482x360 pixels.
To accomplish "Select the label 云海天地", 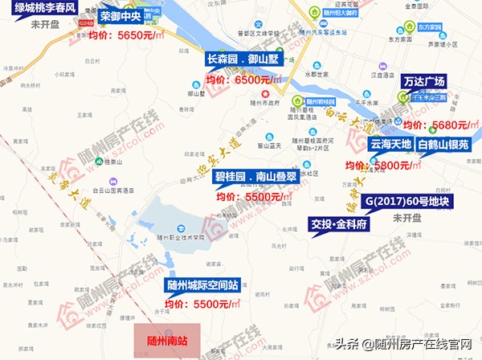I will [390, 145].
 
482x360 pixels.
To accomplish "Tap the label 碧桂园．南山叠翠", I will [255, 176].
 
